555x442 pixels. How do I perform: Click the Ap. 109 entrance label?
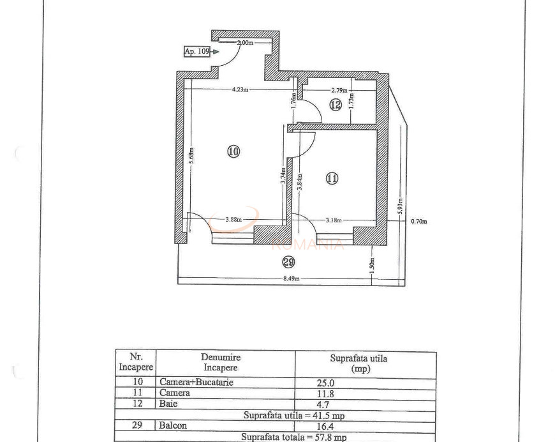click(197, 52)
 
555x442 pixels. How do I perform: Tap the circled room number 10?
click(233, 151)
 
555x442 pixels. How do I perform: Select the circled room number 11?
click(332, 179)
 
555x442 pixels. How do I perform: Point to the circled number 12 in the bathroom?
click(336, 104)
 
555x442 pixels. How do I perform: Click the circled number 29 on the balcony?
click(288, 262)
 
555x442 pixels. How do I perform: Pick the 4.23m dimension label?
click(241, 90)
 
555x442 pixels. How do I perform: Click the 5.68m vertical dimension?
click(191, 155)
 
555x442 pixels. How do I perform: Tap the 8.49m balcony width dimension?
click(292, 278)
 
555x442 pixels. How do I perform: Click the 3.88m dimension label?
click(233, 221)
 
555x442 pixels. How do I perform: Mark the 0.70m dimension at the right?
click(418, 222)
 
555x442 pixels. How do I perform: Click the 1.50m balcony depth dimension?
click(373, 263)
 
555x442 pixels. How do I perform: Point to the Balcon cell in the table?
click(174, 425)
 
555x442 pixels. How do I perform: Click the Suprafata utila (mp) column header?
click(359, 363)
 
